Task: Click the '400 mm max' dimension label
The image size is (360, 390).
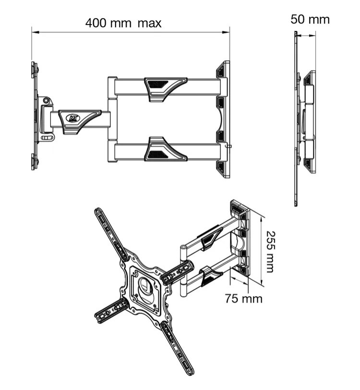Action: [x=123, y=23]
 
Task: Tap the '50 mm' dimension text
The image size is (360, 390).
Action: [x=310, y=19]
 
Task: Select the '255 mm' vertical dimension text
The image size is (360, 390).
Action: [x=271, y=252]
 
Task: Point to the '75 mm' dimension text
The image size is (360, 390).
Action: [x=244, y=298]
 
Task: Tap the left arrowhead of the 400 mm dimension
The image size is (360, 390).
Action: [x=35, y=32]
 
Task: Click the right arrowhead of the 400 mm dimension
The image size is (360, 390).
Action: [x=226, y=32]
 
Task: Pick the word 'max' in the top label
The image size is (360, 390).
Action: [x=149, y=24]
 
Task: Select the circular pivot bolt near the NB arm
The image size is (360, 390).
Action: [x=46, y=100]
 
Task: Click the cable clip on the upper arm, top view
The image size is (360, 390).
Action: [x=166, y=89]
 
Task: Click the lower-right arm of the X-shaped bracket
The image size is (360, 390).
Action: [x=178, y=348]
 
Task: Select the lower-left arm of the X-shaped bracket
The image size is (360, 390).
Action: [x=111, y=311]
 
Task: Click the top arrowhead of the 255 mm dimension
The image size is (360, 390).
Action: [x=261, y=219]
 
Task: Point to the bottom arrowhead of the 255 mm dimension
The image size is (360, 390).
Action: [x=261, y=282]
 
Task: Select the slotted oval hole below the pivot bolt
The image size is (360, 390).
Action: [x=46, y=138]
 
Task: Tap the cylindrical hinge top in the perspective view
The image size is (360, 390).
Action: [x=183, y=248]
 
